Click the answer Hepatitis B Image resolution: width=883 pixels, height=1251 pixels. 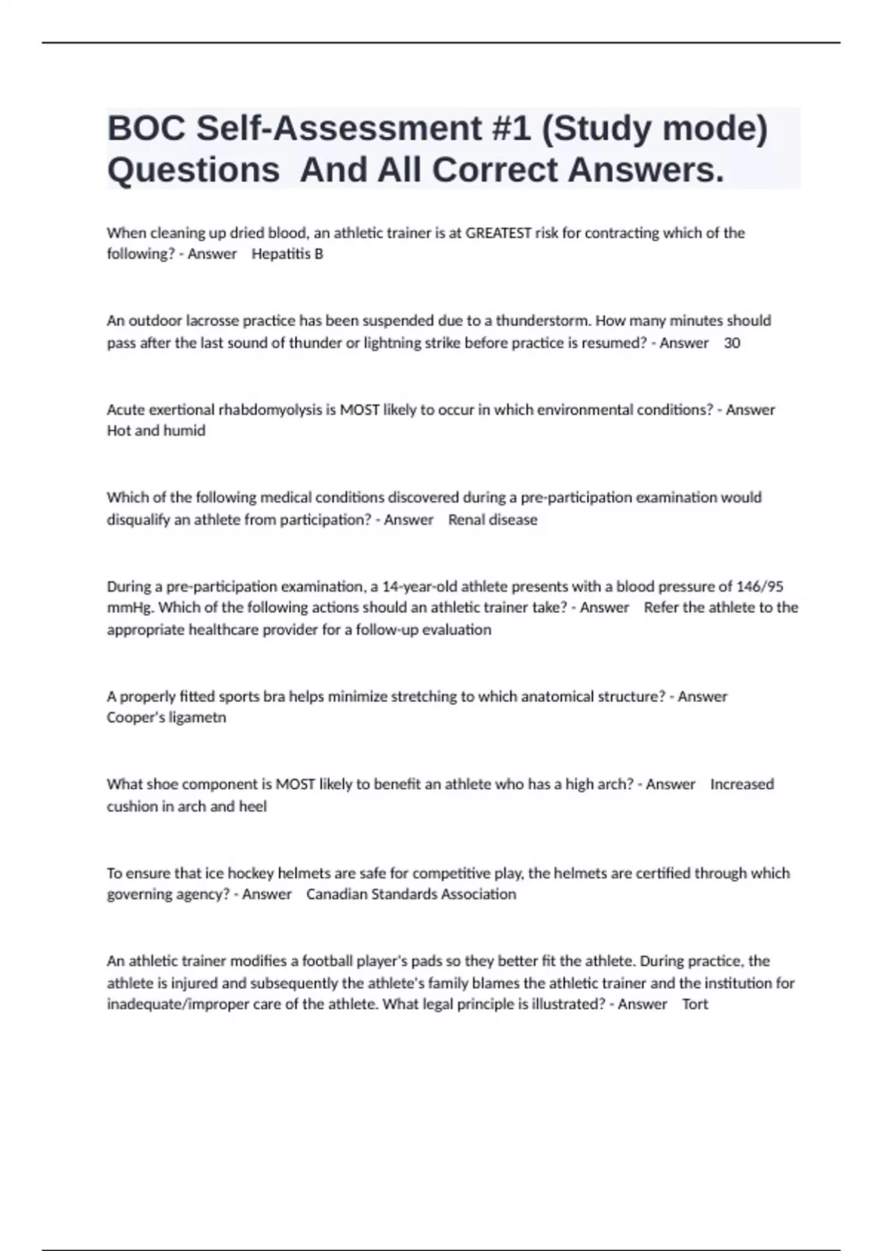click(287, 254)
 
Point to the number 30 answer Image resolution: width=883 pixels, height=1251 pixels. click(732, 343)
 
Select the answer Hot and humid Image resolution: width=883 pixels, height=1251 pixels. click(156, 430)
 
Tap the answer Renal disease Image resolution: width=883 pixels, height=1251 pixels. click(492, 520)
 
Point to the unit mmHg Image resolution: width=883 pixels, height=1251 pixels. click(130, 608)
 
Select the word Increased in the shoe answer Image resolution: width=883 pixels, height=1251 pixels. click(742, 784)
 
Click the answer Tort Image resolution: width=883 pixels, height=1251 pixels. click(695, 1004)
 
